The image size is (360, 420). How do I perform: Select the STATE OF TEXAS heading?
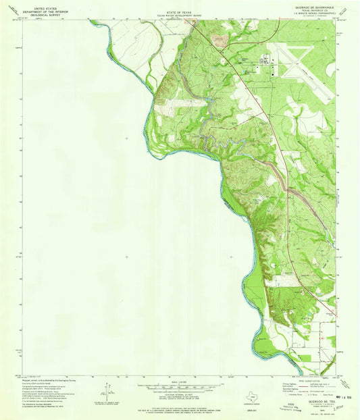point(179,7)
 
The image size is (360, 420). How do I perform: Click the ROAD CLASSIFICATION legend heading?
point(313,381)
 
